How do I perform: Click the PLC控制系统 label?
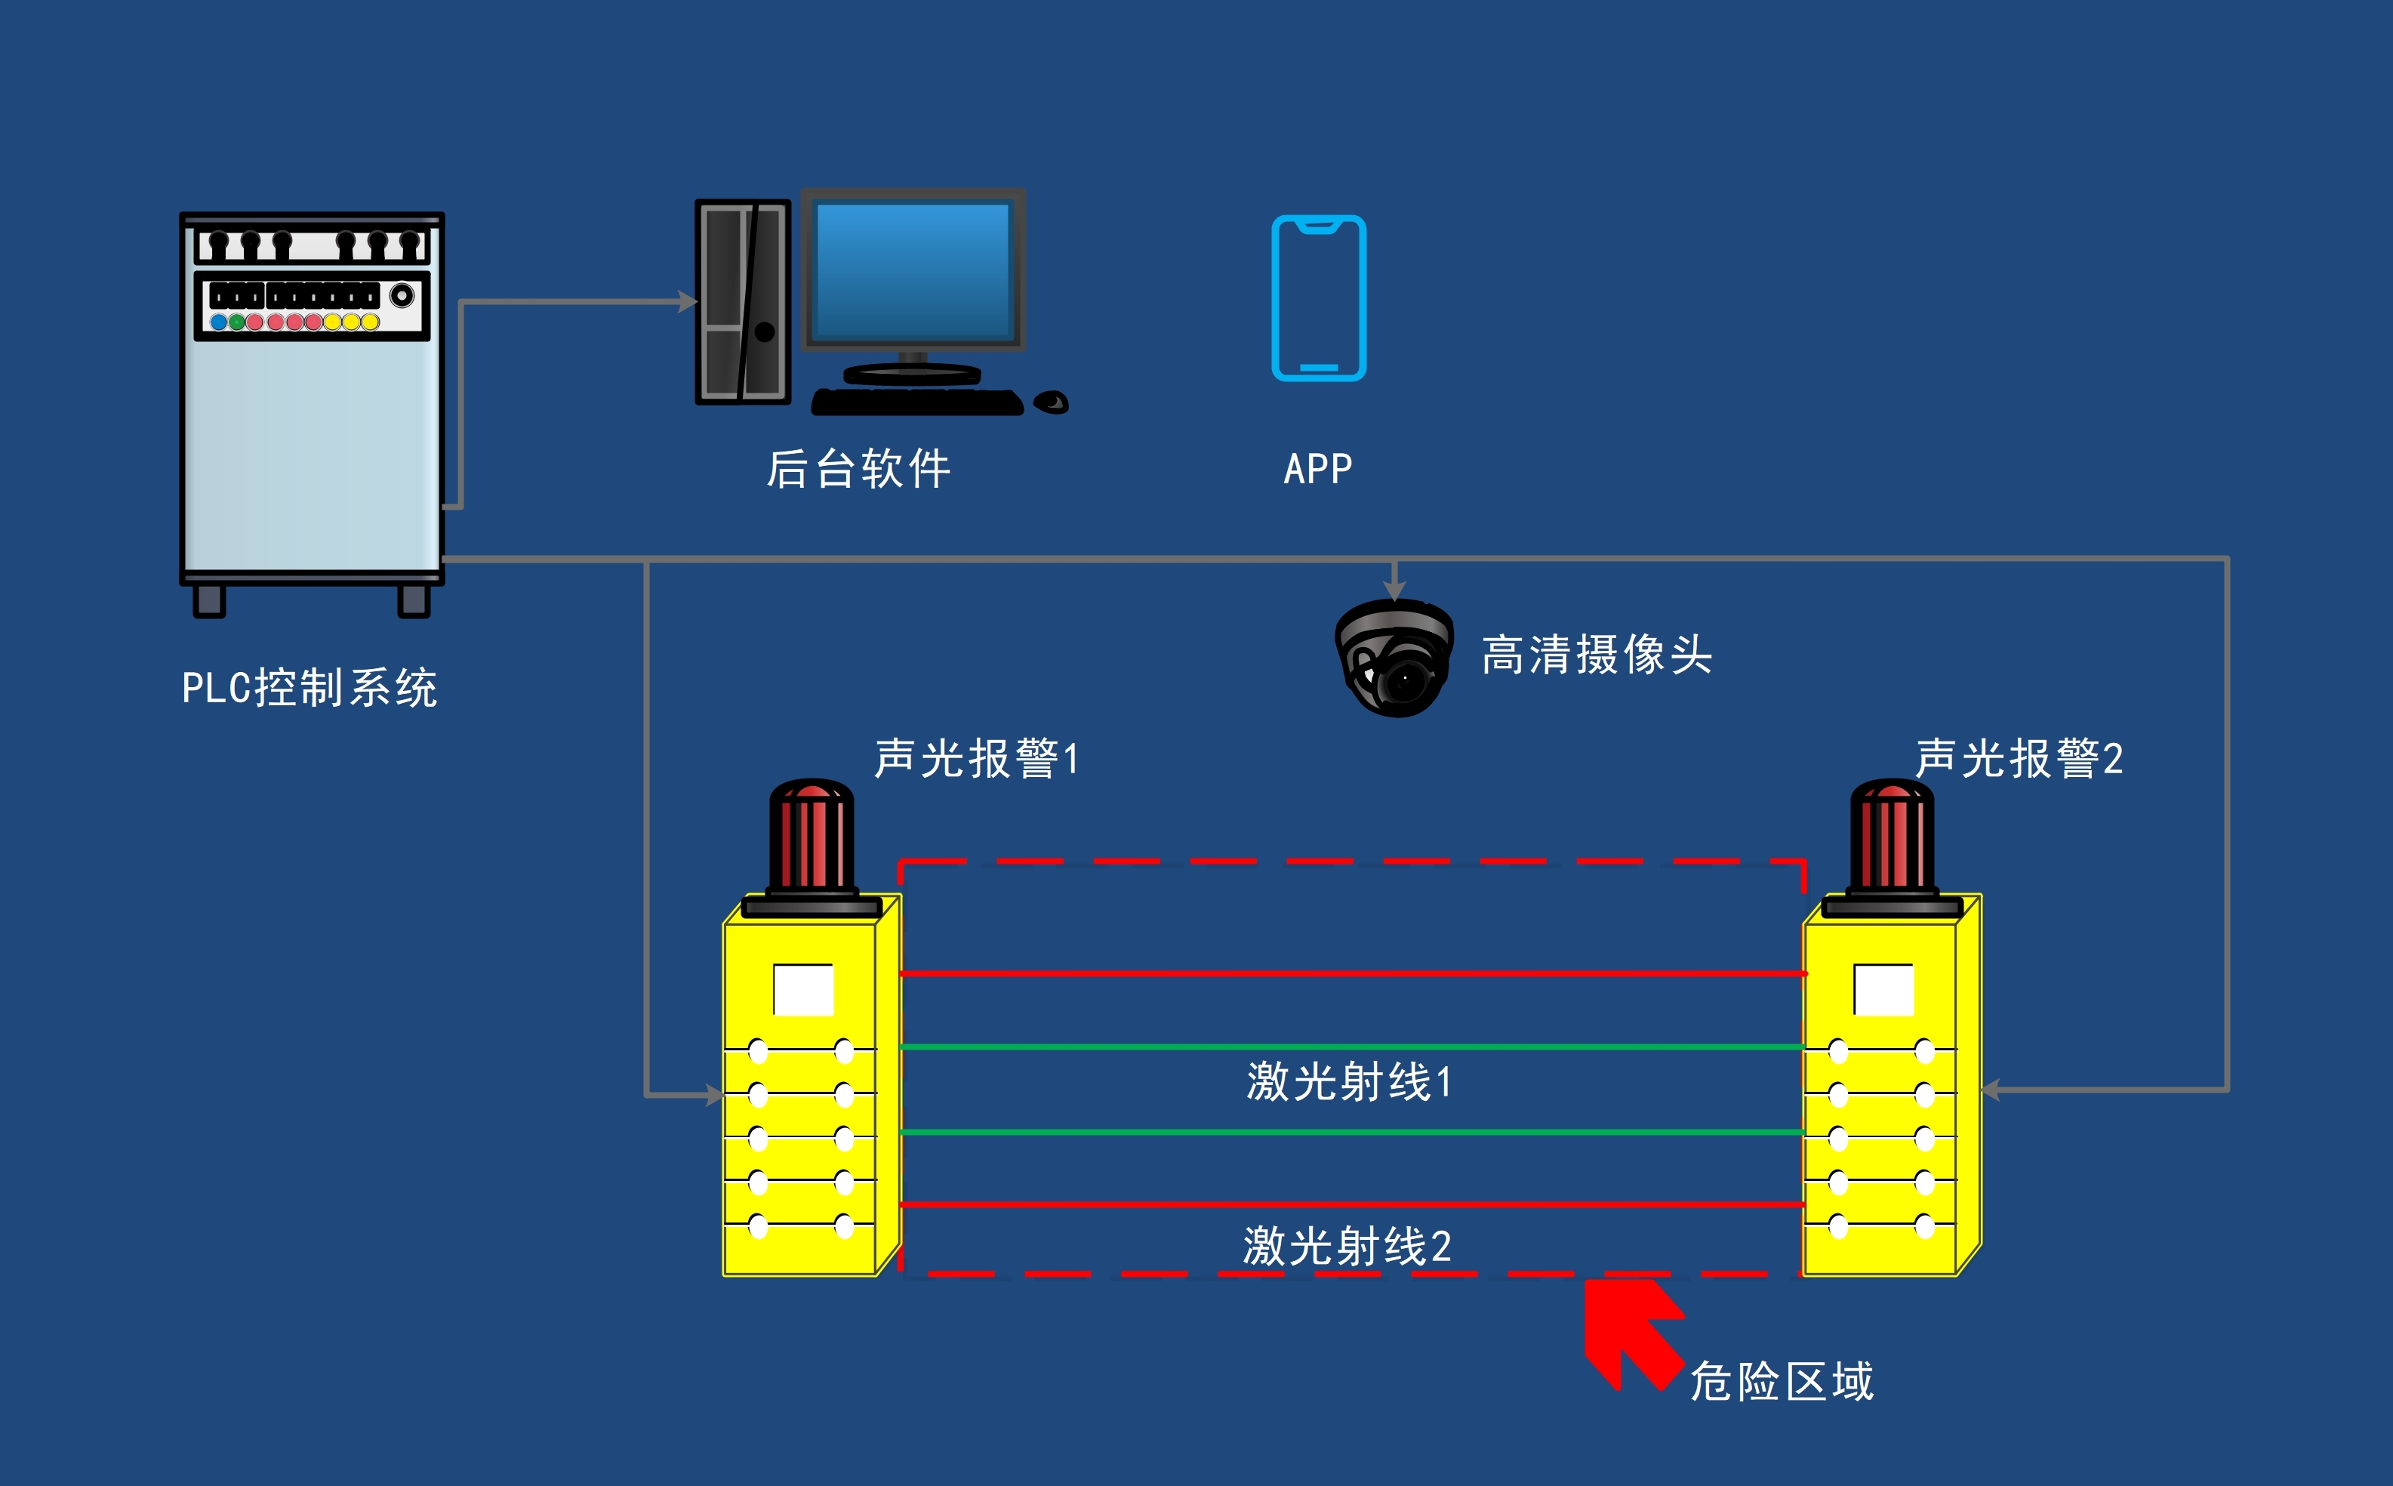tap(310, 687)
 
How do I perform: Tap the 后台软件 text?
tap(858, 469)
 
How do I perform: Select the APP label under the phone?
tap(1317, 469)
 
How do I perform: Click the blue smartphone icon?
tap(1318, 298)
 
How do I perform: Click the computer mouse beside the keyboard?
tap(1051, 402)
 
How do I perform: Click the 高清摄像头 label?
tap(1597, 655)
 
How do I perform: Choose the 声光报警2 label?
tap(2019, 758)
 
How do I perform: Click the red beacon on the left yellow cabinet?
tap(811, 835)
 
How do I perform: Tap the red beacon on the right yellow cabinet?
tap(1891, 835)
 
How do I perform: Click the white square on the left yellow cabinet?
tap(803, 990)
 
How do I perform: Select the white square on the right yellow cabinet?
tap(1883, 990)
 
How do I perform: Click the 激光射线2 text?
tap(1347, 1246)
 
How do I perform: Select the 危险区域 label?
tap(1781, 1381)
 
